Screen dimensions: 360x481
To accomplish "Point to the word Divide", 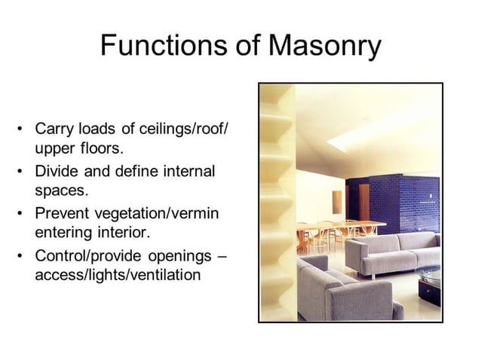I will click(56, 171).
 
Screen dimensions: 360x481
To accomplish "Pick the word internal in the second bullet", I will click(185, 171).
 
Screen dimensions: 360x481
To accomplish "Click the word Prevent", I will click(62, 213).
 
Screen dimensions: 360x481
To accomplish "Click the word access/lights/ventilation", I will click(118, 275).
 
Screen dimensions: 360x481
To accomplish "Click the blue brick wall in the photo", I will click(400, 202).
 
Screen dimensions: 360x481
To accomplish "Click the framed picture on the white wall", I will click(336, 200).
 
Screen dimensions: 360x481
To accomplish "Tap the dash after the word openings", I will click(222, 255).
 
